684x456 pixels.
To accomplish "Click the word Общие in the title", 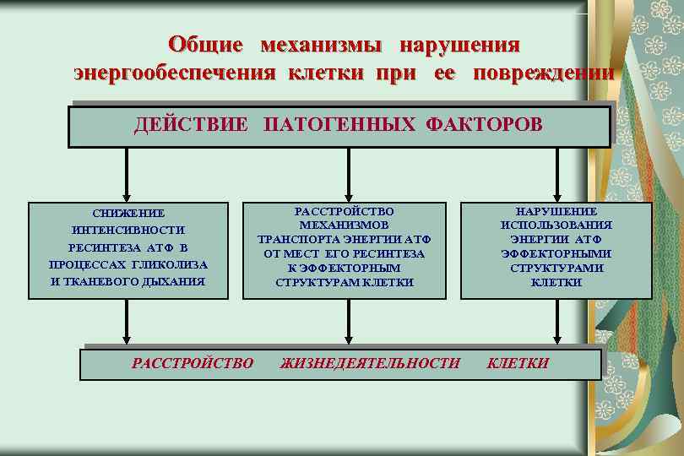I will pos(205,44).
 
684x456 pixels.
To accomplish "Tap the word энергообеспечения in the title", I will pos(174,73).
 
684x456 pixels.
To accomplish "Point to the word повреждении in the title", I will pos(544,73).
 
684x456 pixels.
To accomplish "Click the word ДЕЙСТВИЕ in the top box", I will pos(192,125).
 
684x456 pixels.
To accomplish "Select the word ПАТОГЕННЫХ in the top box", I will pos(339,125).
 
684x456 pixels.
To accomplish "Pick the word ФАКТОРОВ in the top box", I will pos(484,125).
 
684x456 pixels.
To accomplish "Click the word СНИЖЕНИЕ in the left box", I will pos(128,214).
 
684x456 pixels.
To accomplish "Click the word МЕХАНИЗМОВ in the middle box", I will pos(344,225).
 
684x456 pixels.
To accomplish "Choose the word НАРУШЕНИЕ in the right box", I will pos(556,211).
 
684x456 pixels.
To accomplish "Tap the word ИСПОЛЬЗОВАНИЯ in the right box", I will pos(556,225).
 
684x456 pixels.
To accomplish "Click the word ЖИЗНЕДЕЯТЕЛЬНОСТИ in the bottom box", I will pos(370,363).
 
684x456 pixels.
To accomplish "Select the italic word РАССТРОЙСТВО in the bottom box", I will pos(193,363).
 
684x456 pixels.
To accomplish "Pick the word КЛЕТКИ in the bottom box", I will pos(518,363).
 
